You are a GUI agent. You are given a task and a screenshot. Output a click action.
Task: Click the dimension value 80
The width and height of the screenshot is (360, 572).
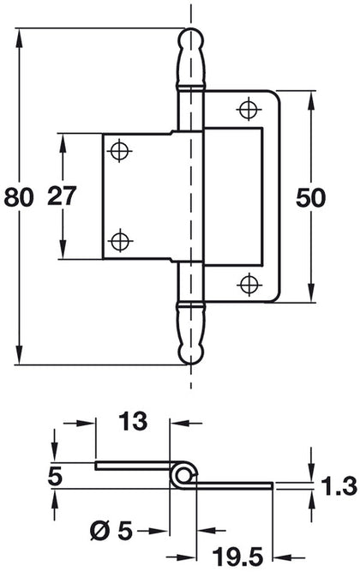[18, 196]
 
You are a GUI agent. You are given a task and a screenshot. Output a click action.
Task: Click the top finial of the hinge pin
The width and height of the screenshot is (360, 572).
[190, 53]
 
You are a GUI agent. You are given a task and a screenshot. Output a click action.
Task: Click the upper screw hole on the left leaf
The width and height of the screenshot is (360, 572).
[120, 151]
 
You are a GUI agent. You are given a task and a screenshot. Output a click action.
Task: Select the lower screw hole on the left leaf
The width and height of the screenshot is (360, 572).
[120, 239]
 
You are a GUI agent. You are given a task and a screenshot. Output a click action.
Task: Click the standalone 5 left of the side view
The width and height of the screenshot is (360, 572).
[56, 475]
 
